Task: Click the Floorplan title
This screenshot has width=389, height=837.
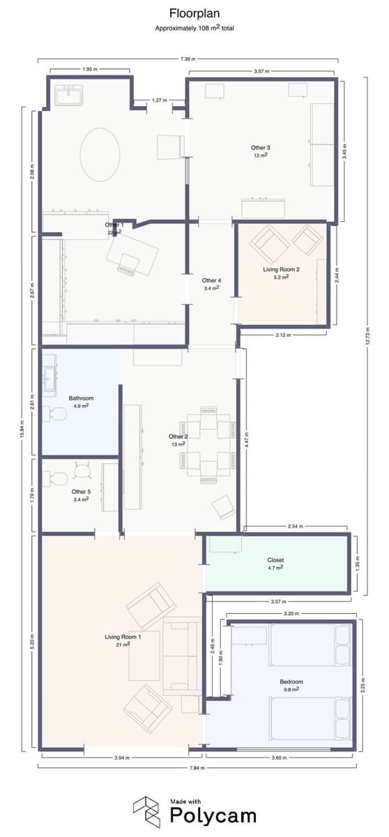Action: pos(194,13)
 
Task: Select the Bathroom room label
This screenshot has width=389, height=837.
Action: pos(81,398)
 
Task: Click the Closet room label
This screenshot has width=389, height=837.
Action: pos(275,559)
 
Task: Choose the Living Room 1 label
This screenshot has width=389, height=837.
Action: pos(123,637)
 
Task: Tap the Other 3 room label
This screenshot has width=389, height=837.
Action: pos(261,148)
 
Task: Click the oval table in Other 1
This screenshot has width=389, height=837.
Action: pos(100,154)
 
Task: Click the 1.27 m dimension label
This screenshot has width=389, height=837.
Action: pos(159,100)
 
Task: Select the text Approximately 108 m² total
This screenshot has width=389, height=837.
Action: pos(194,29)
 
